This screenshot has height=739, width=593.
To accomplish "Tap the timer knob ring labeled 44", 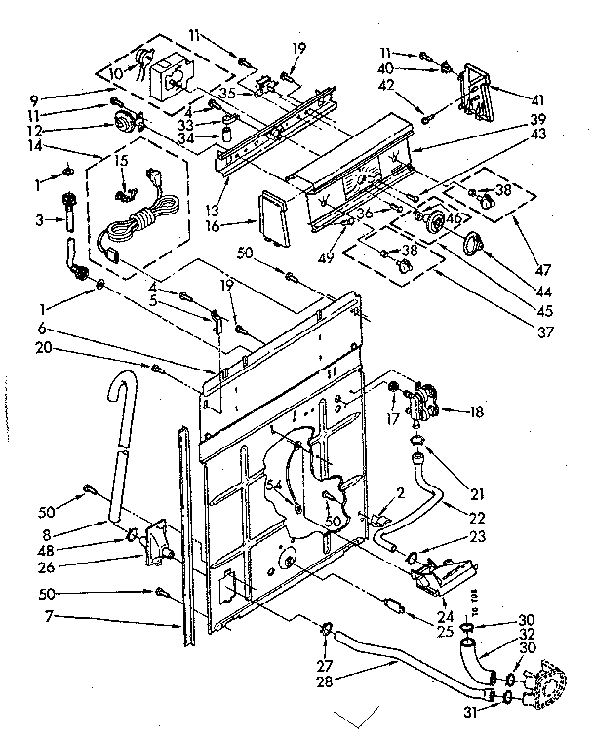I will tap(474, 242).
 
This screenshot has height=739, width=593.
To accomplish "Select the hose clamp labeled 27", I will tap(325, 626).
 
